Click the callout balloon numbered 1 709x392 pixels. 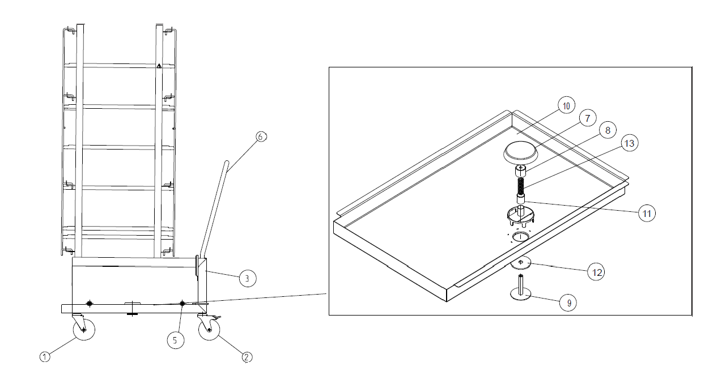coord(45,357)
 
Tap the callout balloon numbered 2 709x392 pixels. coord(247,357)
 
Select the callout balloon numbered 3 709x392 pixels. coord(248,278)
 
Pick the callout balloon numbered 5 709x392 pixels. coord(176,340)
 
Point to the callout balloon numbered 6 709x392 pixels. coord(261,137)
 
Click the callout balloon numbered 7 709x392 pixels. coord(588,118)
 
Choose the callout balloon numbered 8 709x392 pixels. coord(608,130)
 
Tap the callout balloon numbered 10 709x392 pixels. coord(566,105)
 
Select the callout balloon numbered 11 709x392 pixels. coord(647,213)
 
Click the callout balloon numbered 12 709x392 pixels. coord(596,272)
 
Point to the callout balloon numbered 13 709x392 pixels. coord(630,143)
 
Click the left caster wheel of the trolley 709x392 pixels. coord(84,329)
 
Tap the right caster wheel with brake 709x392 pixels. coord(209,329)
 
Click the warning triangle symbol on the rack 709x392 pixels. coord(159,66)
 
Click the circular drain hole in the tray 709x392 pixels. coord(521,236)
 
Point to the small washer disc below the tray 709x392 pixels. coord(521,263)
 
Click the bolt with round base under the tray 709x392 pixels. coord(521,288)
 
